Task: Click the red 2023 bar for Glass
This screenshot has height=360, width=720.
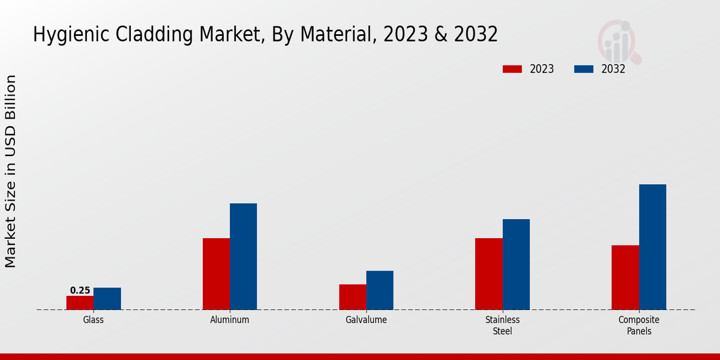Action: pos(80,302)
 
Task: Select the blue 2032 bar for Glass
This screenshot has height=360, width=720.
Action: pos(107,299)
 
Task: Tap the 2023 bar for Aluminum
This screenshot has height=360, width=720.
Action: pos(216,274)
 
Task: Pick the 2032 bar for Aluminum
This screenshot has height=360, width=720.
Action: pos(243,256)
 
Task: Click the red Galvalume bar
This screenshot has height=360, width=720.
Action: pos(352,297)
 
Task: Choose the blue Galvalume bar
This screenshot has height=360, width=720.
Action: pos(380,290)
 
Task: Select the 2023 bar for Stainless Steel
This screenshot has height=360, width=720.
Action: pos(488,274)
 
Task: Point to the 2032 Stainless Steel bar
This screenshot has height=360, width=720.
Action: pos(516,264)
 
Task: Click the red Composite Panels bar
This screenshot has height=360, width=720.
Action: pos(625,277)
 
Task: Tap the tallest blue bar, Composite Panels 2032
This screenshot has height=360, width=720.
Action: pos(652,247)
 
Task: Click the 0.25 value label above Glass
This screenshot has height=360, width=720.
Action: pos(80,290)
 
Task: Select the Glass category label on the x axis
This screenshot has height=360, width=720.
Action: pos(93,320)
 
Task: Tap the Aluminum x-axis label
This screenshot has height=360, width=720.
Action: pos(229,320)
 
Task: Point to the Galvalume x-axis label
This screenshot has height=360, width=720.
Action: pos(366,320)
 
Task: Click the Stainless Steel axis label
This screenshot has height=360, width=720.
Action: pos(502,325)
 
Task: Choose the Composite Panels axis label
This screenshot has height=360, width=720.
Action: pos(638,325)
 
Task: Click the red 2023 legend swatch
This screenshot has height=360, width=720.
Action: pos(512,69)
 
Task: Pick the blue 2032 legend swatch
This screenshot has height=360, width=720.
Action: pos(584,69)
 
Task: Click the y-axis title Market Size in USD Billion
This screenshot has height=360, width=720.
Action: pos(11,171)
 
